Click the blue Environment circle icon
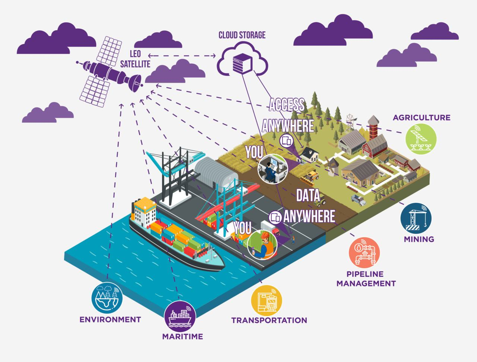click(x=107, y=298)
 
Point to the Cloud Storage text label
click(x=242, y=35)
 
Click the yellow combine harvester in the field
click(x=310, y=176)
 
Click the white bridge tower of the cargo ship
click(x=143, y=211)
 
